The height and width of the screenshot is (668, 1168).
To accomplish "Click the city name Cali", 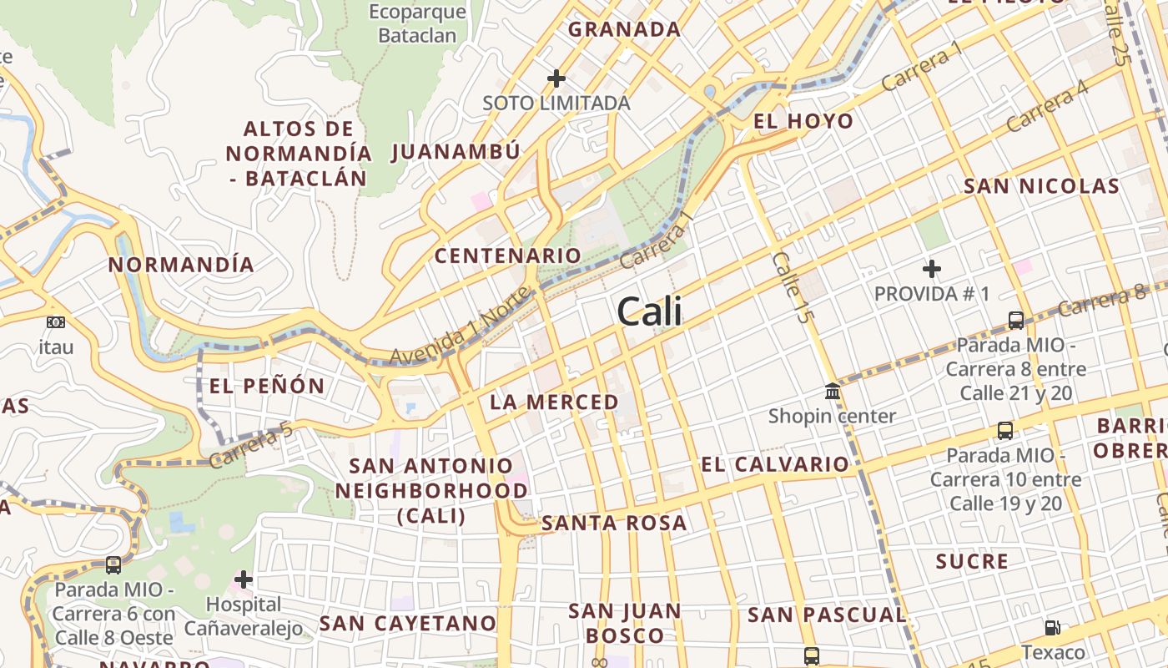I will (x=649, y=311).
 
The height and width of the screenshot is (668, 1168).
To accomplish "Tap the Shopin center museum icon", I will (x=832, y=391).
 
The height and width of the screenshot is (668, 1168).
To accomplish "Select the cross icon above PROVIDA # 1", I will (x=932, y=269).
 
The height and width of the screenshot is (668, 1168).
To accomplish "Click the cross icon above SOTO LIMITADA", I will (x=556, y=78).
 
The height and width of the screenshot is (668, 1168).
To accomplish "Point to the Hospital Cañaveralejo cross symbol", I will (x=244, y=579).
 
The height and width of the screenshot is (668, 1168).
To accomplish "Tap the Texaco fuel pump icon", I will (x=1053, y=627).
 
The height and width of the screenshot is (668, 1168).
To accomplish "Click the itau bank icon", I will (x=56, y=322).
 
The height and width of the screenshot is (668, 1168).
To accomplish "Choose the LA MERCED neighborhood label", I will (x=554, y=402).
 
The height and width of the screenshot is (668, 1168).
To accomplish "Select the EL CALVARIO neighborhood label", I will (x=775, y=465).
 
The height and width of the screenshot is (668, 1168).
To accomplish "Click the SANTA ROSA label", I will (x=614, y=524).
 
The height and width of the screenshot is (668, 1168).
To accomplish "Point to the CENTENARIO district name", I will (x=507, y=256).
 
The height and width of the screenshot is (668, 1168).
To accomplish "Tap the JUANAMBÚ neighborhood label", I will (x=456, y=151).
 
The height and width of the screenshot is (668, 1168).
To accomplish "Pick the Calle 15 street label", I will (x=791, y=287).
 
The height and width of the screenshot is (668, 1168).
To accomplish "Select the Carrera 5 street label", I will (x=251, y=444).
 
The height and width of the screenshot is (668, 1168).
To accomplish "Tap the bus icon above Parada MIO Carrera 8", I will (x=1015, y=320).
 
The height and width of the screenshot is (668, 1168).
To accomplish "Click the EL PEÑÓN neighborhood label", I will (x=266, y=386).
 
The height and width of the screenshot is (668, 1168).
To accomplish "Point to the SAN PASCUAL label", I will (x=826, y=615).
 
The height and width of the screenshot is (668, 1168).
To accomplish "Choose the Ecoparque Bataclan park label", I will (x=417, y=23).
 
